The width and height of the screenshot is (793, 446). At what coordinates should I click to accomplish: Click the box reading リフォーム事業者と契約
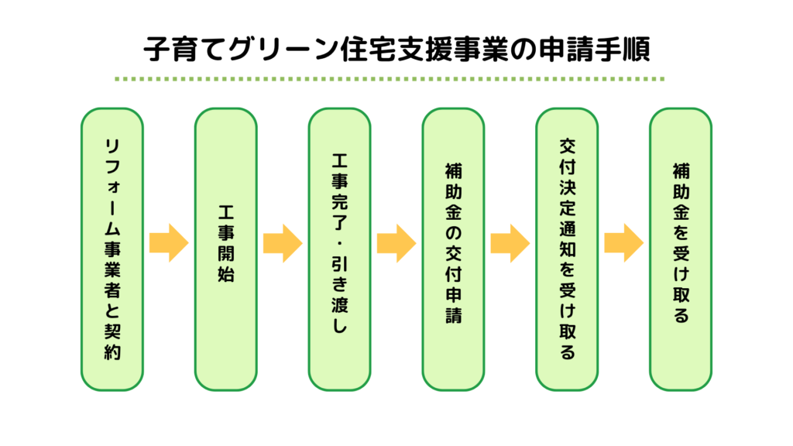tap(112, 249)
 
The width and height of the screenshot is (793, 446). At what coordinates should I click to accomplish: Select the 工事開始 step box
tap(225, 249)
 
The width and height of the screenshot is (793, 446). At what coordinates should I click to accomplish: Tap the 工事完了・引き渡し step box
tap(339, 249)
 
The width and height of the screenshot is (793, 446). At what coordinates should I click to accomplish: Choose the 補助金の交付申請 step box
tap(453, 249)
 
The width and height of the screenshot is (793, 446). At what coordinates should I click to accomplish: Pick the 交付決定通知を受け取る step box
tap(567, 249)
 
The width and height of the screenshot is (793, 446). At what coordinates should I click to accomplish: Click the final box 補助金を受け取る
tap(681, 249)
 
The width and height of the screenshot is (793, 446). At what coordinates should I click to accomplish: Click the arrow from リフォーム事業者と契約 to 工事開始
tap(168, 243)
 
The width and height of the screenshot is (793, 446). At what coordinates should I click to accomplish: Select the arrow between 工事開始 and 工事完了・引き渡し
tap(282, 243)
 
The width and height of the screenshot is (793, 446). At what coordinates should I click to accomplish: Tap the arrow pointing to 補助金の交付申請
tap(396, 243)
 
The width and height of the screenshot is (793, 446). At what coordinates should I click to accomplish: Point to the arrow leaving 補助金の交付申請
tap(510, 243)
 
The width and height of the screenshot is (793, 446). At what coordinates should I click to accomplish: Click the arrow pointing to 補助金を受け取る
tap(623, 243)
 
